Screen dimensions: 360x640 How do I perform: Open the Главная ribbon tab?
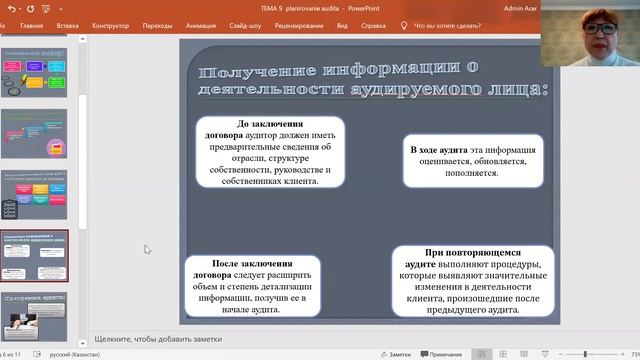[31, 25]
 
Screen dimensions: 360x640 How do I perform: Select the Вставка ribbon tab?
[68, 25]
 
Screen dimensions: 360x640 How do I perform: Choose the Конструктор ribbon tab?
[110, 25]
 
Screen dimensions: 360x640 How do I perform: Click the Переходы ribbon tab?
[157, 25]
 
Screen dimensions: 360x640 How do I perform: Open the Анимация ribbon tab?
[200, 25]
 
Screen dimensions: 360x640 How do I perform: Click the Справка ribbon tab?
[373, 25]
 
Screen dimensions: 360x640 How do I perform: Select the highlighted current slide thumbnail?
[34, 257]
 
